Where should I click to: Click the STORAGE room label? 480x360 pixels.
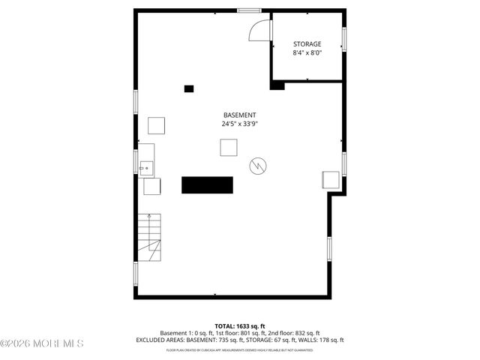[x=307, y=44]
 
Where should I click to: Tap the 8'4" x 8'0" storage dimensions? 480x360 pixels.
[x=307, y=53]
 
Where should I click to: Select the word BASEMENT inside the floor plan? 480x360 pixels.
[x=239, y=115]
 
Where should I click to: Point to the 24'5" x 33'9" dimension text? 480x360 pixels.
[x=239, y=124]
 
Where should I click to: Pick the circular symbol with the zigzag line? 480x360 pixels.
[x=258, y=164]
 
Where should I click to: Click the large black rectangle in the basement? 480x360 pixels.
[x=208, y=184]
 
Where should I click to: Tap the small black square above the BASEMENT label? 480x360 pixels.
[x=189, y=88]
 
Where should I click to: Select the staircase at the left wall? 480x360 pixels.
[x=148, y=236]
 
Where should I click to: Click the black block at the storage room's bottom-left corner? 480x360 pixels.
[x=277, y=85]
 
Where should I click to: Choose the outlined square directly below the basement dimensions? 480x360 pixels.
[x=229, y=148]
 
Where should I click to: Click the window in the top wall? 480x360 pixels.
[x=249, y=10]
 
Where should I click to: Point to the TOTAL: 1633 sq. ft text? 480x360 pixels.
[x=239, y=326]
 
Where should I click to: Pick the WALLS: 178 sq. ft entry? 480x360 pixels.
[x=322, y=340]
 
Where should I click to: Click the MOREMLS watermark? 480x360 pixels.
[x=42, y=343]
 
